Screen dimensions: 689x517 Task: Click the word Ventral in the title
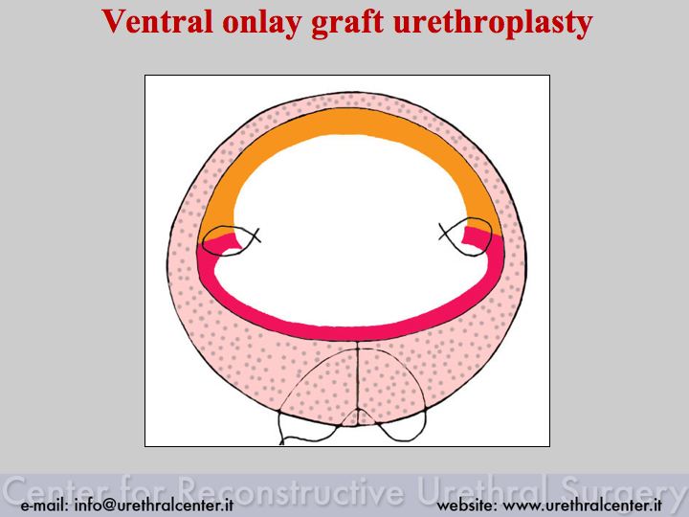158,22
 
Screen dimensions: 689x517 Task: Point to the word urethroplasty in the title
493,24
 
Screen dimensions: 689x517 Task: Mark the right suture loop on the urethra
467,236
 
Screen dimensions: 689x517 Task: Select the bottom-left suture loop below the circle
307,429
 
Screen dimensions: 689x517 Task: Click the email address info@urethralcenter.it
154,505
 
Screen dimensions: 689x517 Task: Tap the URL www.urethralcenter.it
582,505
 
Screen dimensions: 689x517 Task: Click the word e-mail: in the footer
44,505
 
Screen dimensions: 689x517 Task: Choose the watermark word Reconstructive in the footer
291,490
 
